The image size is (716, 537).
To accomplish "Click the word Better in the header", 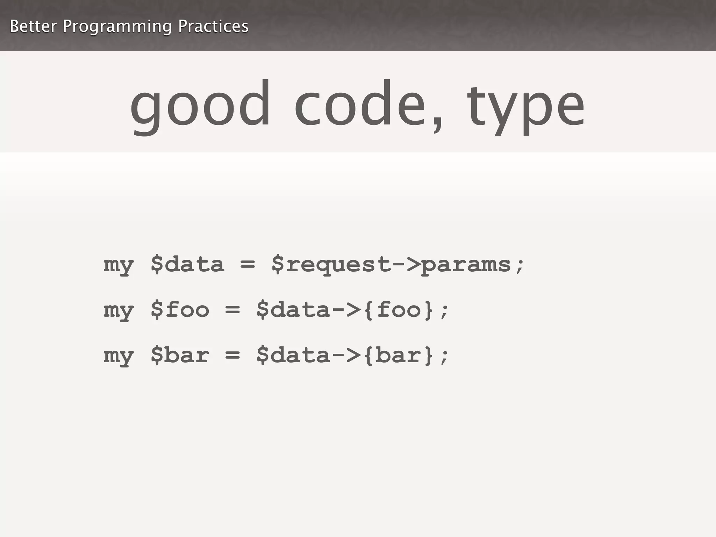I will (33, 26).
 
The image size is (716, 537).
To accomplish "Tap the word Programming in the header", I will (117, 27).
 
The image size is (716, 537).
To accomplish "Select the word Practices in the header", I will (213, 26).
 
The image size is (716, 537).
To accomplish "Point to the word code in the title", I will (360, 105).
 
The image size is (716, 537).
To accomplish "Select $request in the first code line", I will (331, 265).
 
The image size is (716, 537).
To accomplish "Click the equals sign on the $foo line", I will (232, 310).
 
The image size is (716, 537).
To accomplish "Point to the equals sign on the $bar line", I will (232, 356).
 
